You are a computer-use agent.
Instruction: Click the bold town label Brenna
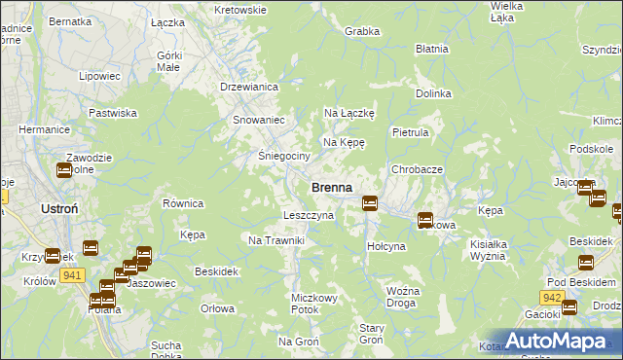(331, 187)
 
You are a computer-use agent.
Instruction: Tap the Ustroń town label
(40, 209)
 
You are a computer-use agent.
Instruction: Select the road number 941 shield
(70, 275)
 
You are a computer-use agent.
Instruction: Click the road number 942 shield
(552, 297)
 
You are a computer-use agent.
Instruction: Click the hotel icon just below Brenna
(370, 202)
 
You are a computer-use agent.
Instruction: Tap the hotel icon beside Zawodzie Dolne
(64, 171)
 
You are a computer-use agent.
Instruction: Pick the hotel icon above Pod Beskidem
(586, 262)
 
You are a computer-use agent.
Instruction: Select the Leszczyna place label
(308, 215)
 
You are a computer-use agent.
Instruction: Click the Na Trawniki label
(277, 240)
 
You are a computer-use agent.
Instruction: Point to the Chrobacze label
(418, 169)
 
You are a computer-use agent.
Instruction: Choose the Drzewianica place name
(250, 87)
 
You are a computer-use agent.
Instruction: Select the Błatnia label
(431, 48)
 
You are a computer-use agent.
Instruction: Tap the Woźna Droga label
(402, 297)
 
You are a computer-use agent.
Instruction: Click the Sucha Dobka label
(166, 350)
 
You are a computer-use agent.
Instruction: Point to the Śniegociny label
(283, 156)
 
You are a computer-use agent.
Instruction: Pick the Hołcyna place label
(385, 246)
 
